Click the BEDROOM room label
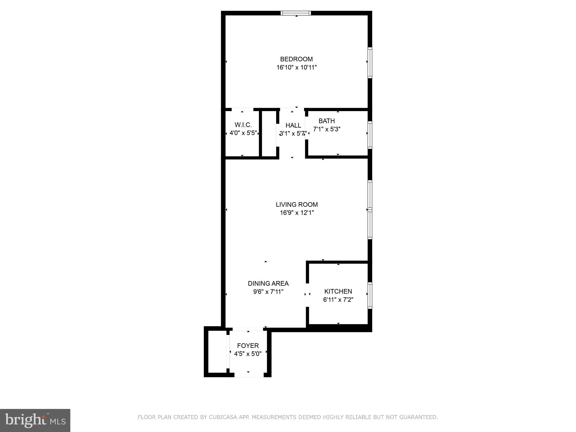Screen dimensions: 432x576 pyautogui.click(x=296, y=59)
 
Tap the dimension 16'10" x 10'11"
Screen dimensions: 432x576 pyautogui.click(x=296, y=67)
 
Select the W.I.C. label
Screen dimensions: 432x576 pyautogui.click(x=243, y=125)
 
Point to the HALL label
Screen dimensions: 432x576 pyautogui.click(x=293, y=125)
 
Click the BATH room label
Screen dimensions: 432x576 pyautogui.click(x=327, y=121)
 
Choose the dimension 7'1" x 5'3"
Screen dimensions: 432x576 pyautogui.click(x=327, y=129)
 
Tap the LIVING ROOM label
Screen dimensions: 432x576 pyautogui.click(x=296, y=204)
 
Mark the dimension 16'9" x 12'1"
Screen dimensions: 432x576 pyautogui.click(x=296, y=213)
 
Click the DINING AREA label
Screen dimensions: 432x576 pyautogui.click(x=268, y=283)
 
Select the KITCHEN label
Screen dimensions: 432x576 pyautogui.click(x=338, y=291)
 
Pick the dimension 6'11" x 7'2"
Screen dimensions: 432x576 pyautogui.click(x=338, y=300)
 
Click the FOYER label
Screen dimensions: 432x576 pyautogui.click(x=248, y=346)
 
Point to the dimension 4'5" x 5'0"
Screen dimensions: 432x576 pyautogui.click(x=248, y=354)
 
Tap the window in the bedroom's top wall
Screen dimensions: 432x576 pyautogui.click(x=296, y=13)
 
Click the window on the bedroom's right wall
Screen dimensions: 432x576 pyautogui.click(x=370, y=62)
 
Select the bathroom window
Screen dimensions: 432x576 pyautogui.click(x=370, y=135)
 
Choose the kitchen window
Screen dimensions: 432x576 pyautogui.click(x=370, y=295)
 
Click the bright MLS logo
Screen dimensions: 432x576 pyautogui.click(x=35, y=420)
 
